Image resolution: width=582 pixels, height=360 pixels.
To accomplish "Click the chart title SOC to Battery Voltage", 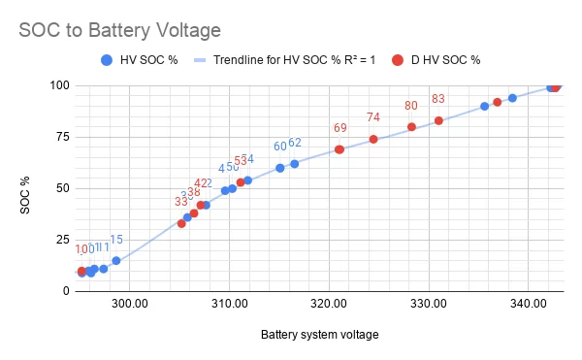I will [120, 30].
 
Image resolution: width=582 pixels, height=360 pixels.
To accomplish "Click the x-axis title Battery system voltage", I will [319, 335].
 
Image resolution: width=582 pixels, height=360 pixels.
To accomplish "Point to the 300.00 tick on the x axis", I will [129, 304].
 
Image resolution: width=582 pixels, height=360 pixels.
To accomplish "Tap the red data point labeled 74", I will [373, 139].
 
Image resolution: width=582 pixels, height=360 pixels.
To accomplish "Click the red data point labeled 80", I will [411, 127].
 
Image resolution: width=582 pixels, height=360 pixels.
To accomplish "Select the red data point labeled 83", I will [438, 120].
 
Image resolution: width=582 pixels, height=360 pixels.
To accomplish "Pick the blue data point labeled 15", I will [116, 260].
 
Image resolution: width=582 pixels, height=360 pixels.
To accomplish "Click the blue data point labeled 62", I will [294, 163].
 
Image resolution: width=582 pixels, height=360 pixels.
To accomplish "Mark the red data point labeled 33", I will [181, 223].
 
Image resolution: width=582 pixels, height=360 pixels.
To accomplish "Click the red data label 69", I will [340, 128].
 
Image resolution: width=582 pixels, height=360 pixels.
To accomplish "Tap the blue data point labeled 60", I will [279, 168].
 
